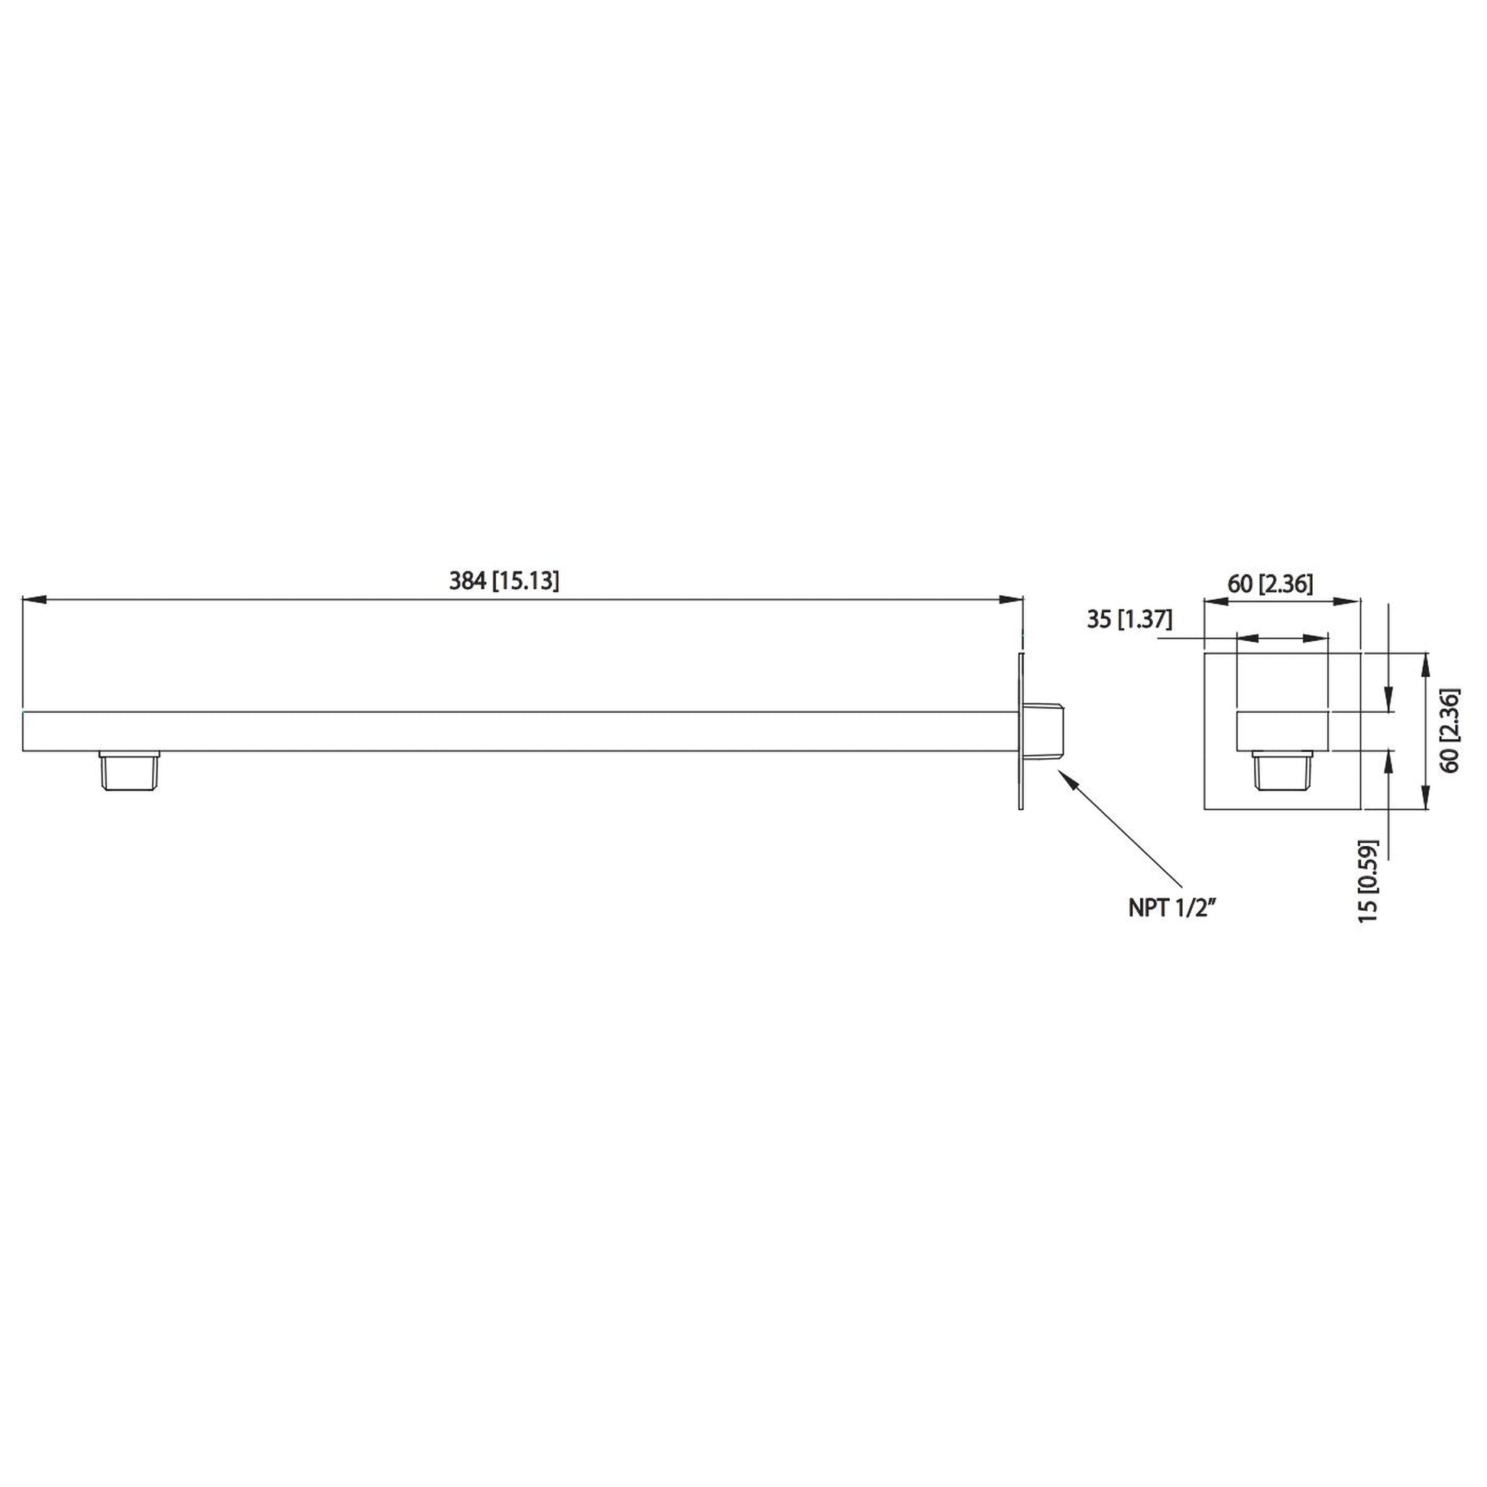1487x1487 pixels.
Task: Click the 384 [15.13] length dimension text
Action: pos(504,580)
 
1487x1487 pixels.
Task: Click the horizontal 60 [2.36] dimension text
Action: pos(1270,583)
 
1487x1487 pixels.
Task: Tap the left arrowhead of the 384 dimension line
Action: pos(32,600)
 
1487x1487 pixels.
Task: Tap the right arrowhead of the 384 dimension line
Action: pos(1014,600)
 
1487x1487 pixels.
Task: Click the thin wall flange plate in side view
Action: pos(1022,731)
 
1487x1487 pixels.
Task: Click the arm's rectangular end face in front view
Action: pos(1282,731)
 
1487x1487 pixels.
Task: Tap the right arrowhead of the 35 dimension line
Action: pos(1319,638)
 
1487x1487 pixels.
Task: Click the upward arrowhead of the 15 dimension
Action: pos(1388,759)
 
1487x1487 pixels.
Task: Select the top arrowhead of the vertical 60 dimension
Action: pos(1424,661)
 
